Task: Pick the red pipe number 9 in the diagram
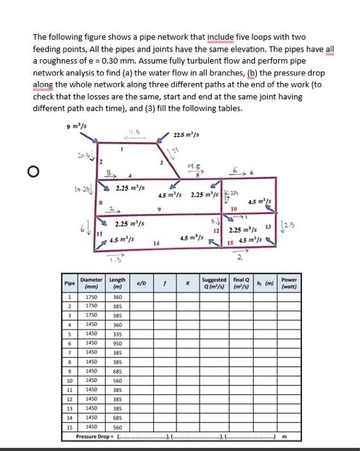(x=158, y=208)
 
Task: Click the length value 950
(x=117, y=345)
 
